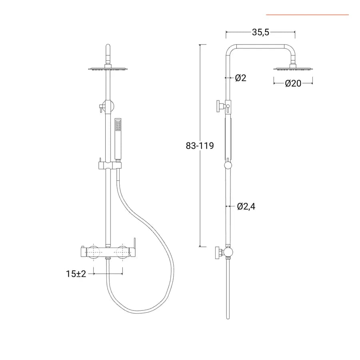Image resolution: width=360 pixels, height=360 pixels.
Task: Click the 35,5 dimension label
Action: (260, 32)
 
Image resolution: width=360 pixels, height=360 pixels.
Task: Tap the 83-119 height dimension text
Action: (200, 146)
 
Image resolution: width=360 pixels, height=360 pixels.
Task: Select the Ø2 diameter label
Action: (241, 78)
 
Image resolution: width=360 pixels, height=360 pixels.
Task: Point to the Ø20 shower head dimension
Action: (293, 83)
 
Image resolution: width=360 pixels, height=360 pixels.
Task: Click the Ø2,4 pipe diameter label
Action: (246, 206)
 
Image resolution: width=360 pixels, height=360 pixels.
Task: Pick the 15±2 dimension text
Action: (76, 274)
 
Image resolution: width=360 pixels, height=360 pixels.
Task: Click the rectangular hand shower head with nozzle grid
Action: (118, 125)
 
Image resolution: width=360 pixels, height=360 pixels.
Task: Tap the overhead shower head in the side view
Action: (293, 68)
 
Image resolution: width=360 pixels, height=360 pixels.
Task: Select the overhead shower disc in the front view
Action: (108, 68)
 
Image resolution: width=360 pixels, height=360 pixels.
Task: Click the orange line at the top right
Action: (308, 15)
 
